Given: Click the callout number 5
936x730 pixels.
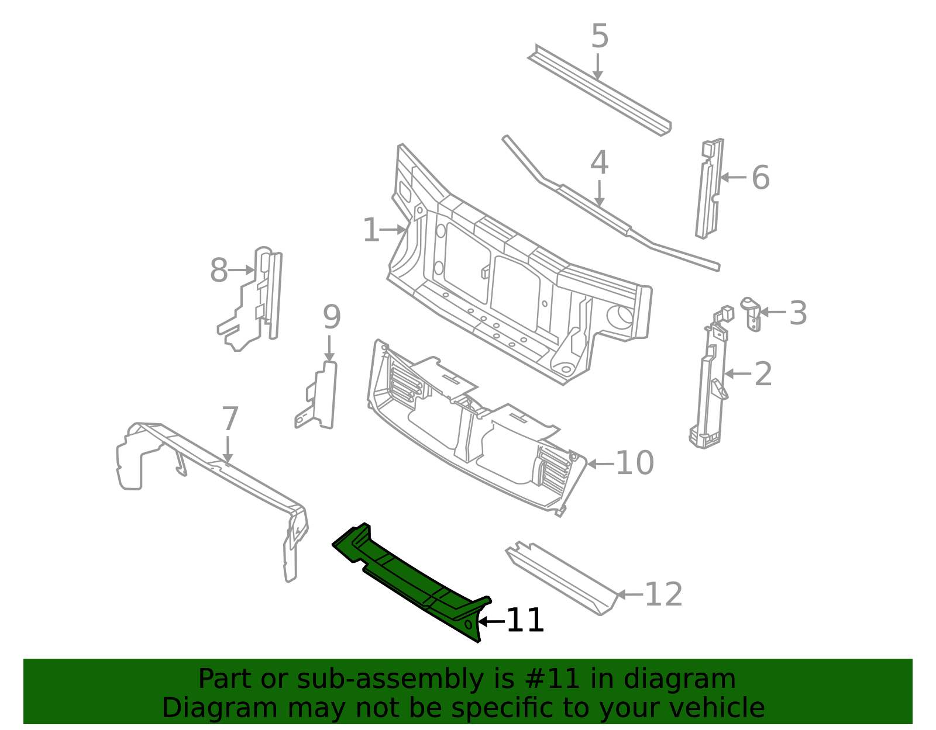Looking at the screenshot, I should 600,36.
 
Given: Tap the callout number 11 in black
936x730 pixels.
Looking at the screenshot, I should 525,620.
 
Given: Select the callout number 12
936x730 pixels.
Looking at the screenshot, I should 663,594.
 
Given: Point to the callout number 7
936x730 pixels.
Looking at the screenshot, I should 230,419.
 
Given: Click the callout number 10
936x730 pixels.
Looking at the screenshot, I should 635,463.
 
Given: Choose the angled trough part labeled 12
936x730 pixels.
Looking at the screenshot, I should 562,579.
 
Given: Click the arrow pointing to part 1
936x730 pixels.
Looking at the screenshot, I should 393,230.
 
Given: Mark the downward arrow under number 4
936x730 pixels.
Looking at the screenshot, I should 599,193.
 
